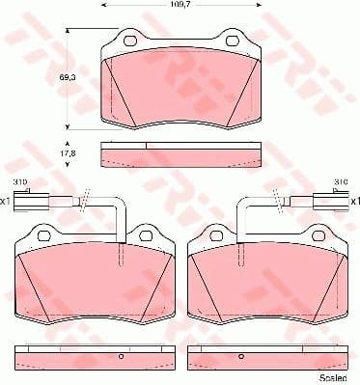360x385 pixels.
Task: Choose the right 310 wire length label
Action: [339, 181]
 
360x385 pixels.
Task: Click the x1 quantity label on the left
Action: [6, 201]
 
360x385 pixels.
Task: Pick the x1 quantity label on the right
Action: [353, 201]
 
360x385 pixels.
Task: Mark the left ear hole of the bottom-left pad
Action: [44, 234]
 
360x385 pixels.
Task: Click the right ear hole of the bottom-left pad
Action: [145, 234]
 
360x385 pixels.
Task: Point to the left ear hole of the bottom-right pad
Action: [212, 234]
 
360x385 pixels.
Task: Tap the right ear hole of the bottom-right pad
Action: [314, 234]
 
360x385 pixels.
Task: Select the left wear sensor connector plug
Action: [30, 201]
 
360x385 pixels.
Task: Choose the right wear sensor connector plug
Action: [330, 201]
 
